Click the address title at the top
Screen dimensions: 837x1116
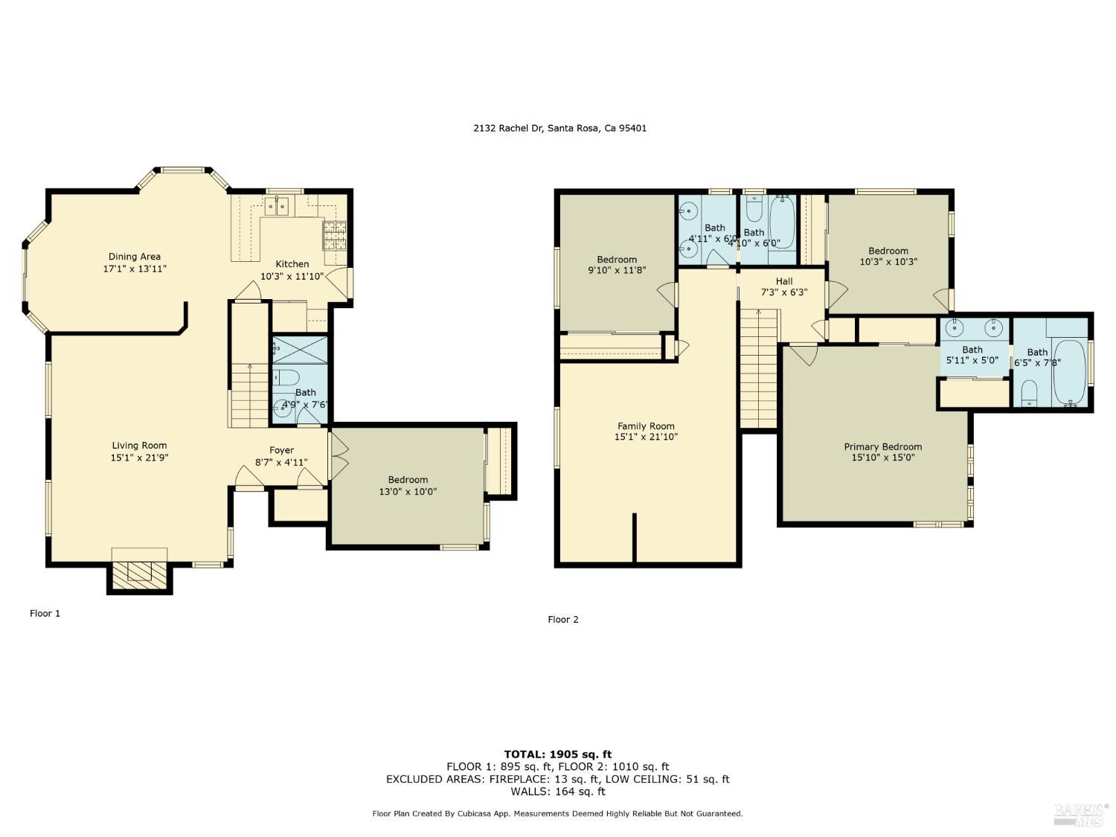[559, 128]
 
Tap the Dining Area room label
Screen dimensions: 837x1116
[135, 257]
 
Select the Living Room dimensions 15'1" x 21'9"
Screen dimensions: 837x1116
[140, 458]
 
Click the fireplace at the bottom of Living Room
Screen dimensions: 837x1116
[139, 571]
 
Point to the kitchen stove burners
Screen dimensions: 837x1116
[334, 236]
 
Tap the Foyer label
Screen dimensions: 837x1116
[281, 450]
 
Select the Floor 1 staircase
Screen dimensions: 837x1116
[248, 394]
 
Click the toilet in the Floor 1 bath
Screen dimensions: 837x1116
[286, 376]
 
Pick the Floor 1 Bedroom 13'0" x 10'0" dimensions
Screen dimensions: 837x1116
[408, 492]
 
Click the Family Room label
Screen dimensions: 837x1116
[646, 426]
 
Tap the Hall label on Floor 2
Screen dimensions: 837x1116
[784, 281]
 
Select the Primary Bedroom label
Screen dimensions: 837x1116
[882, 447]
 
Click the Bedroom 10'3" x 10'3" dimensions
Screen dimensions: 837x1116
[888, 262]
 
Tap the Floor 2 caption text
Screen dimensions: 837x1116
[563, 620]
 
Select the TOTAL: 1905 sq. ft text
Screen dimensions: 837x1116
[558, 754]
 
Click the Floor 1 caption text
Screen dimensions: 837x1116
[45, 614]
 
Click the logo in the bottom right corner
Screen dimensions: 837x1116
[1080, 814]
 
